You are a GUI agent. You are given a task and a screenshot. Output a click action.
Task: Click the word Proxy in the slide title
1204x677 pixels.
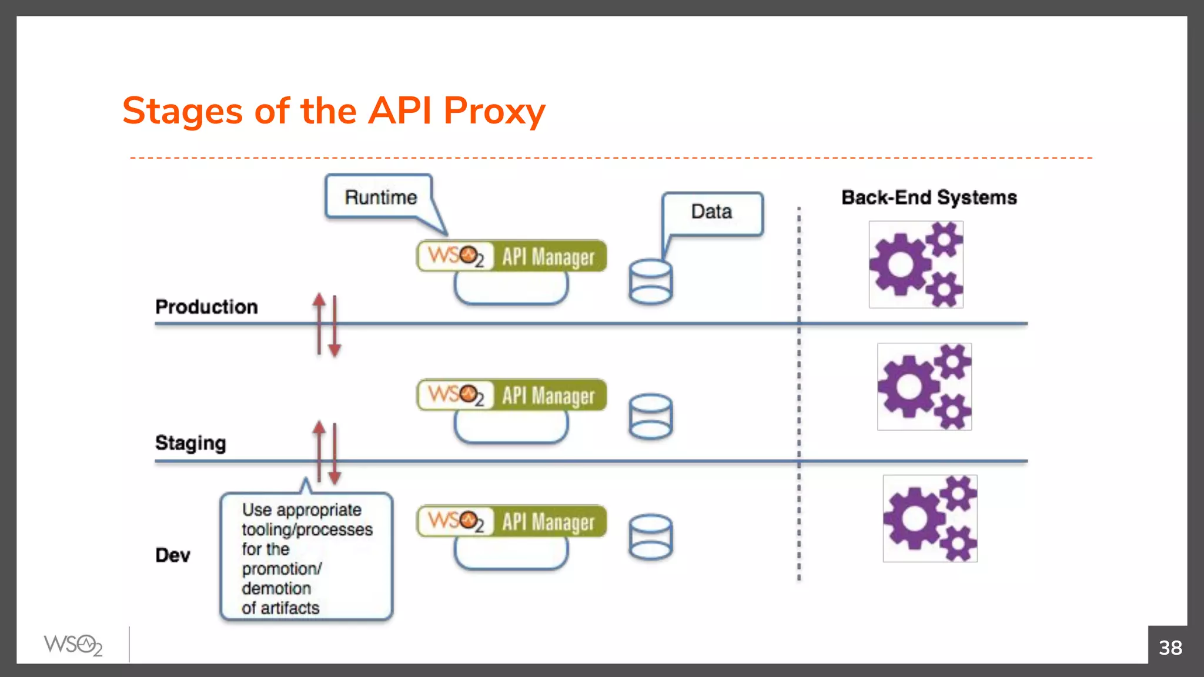point(494,111)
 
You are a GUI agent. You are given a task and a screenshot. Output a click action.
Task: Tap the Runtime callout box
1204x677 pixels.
point(380,197)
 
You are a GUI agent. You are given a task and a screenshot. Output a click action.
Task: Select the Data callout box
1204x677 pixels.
point(712,212)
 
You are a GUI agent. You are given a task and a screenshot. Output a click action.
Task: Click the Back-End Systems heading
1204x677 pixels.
point(929,197)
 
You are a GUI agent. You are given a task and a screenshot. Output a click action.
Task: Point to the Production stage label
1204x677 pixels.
point(206,307)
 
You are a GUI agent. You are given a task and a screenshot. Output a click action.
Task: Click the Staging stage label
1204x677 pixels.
point(190,443)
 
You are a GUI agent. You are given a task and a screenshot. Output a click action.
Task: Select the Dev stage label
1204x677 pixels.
point(172,555)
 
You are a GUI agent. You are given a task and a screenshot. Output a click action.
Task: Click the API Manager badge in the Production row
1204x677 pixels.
point(511,257)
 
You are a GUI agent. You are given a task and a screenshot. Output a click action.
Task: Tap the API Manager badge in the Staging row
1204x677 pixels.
point(511,395)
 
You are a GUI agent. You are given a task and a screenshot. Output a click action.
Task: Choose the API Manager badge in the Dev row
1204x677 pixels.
point(511,521)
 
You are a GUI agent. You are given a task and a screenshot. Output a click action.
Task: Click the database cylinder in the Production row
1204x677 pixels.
point(650,282)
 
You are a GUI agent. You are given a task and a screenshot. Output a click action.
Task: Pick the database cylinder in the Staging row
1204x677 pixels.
point(650,417)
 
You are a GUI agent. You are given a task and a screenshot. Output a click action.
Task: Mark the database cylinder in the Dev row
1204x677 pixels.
point(650,537)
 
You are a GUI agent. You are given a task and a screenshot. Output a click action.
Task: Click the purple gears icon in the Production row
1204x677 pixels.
point(916,264)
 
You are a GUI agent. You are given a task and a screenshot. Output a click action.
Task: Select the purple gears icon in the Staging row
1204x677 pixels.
point(924,387)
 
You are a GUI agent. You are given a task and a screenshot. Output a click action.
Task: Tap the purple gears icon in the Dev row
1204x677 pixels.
point(930,518)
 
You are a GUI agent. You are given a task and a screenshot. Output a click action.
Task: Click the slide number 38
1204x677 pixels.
point(1170,648)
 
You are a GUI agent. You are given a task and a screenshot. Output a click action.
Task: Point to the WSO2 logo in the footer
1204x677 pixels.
point(73,645)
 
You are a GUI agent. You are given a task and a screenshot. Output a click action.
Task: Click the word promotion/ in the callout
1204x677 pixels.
point(282,569)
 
